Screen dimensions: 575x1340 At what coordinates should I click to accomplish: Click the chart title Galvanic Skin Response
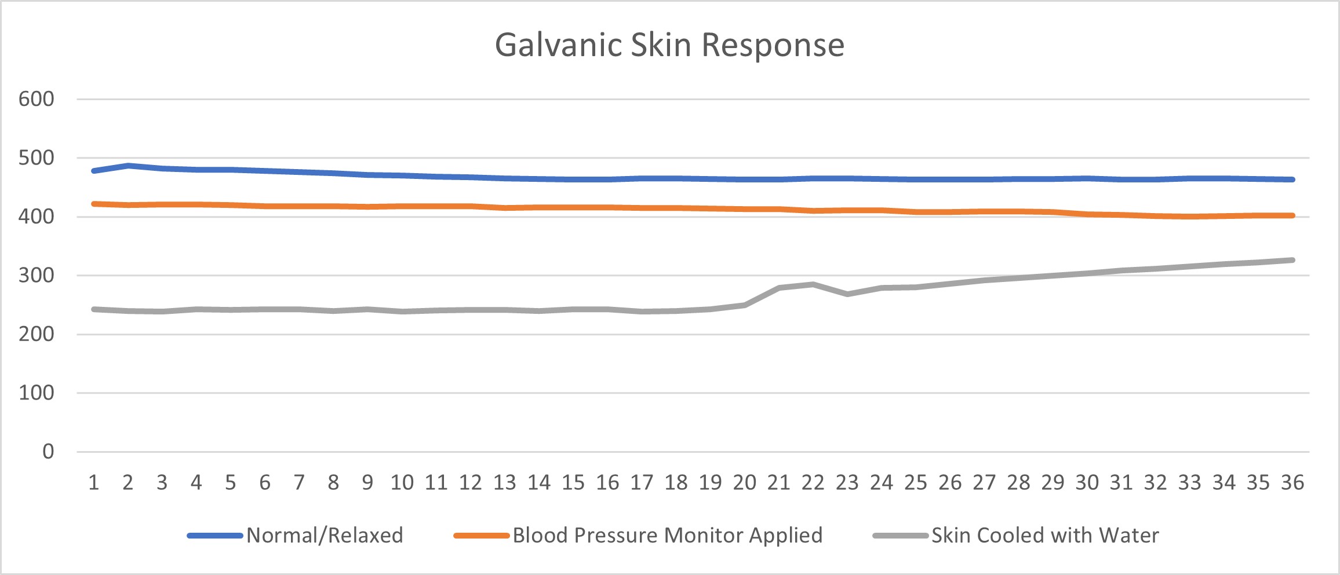[669, 45]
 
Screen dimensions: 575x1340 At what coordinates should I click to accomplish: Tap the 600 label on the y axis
[36, 99]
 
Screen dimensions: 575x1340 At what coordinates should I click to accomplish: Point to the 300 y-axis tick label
[36, 276]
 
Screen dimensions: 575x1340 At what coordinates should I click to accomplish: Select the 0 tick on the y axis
[48, 452]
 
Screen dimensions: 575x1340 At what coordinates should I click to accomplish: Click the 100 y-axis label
[36, 393]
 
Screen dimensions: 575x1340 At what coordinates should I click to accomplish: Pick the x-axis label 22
[813, 482]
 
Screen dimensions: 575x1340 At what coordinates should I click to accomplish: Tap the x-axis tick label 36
[1292, 482]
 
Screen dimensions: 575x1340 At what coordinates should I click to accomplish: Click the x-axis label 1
[93, 482]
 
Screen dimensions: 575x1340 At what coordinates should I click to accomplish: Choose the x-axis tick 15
[573, 482]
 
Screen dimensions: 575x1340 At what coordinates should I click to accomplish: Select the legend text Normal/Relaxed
[325, 536]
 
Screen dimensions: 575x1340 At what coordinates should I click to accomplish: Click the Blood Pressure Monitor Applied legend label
[668, 536]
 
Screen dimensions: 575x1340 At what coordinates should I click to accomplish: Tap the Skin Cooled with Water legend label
[1045, 536]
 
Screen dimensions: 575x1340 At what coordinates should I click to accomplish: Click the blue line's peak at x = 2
[128, 166]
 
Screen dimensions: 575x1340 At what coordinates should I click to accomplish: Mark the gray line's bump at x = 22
[813, 284]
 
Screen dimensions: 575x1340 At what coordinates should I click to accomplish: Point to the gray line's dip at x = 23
[847, 294]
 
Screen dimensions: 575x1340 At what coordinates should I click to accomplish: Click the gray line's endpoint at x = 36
[1292, 260]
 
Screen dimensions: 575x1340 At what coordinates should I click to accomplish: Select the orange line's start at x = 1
[94, 204]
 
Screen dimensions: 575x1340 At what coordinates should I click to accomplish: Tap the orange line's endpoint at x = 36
[1292, 215]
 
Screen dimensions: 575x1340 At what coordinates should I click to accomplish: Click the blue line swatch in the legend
[214, 536]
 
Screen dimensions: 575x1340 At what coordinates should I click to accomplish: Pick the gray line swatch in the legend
[900, 536]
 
